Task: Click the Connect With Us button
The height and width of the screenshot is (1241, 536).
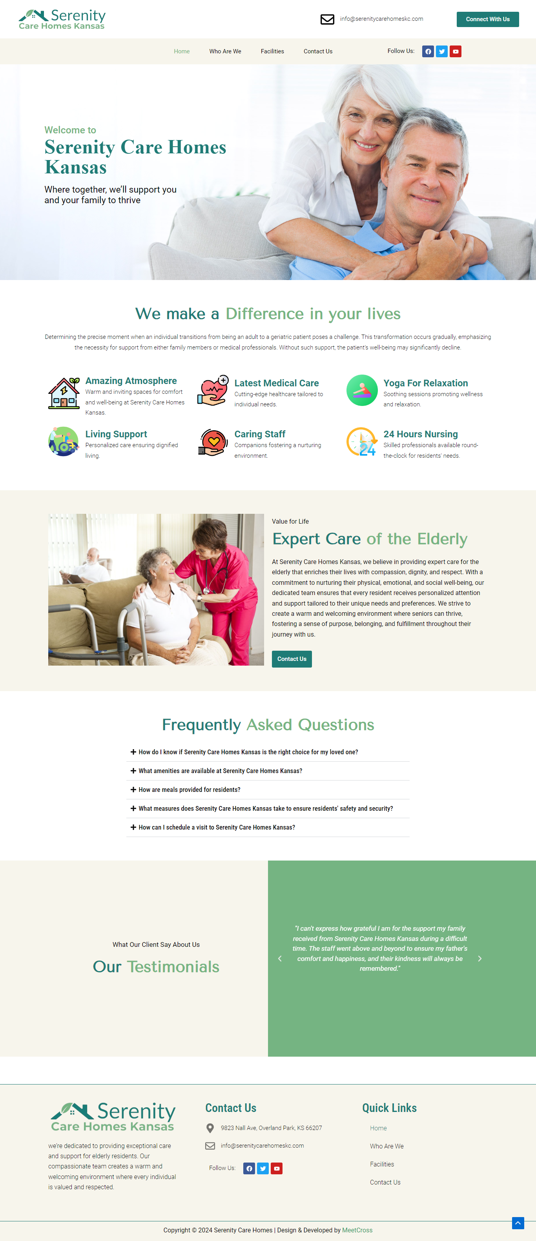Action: pos(487,19)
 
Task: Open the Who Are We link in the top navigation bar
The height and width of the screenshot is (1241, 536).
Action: pos(225,51)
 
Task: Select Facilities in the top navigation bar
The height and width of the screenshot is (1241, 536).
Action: pos(272,51)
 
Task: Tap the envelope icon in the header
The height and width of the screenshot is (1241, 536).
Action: pos(327,19)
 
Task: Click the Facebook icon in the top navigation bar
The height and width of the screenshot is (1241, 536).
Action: pos(428,51)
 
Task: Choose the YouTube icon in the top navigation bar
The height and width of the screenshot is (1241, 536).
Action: pos(456,51)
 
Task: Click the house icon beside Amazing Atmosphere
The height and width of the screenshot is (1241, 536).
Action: pos(64,393)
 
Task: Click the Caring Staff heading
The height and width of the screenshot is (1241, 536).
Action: pos(260,434)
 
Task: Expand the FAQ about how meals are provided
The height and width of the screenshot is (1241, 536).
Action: pos(190,790)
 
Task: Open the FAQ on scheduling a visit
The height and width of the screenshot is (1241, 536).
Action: pos(217,827)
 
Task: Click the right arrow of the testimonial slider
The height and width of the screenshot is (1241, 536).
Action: pos(479,958)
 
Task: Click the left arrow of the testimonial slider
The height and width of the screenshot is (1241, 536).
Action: pos(279,958)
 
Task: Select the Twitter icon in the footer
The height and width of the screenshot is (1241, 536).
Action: pos(263,1168)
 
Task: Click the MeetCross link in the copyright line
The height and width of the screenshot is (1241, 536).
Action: pos(357,1230)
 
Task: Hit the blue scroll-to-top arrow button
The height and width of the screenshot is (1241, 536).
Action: pos(518,1223)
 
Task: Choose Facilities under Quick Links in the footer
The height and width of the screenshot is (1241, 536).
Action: pos(382,1164)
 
